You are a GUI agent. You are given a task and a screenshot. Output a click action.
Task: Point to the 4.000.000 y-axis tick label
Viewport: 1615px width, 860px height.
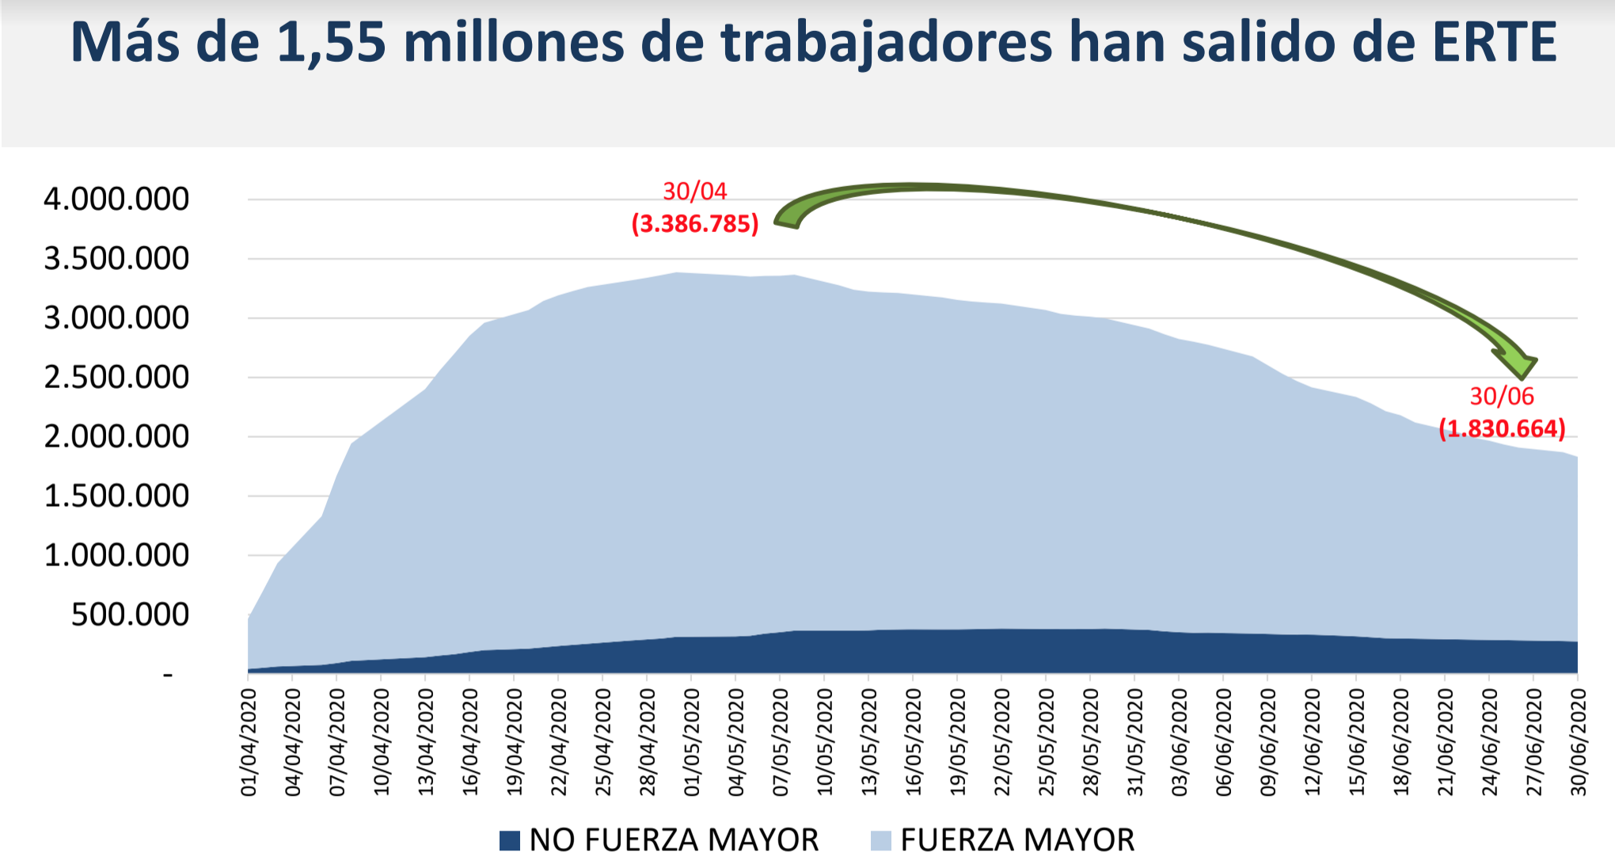116,199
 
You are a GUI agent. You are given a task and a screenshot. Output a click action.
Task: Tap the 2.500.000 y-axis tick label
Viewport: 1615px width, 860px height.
116,377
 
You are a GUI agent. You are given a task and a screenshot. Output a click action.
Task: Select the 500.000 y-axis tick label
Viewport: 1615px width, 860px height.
130,615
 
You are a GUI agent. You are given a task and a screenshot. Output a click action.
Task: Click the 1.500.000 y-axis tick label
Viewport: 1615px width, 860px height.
116,496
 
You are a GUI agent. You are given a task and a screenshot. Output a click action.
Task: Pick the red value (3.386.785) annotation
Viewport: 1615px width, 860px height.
695,224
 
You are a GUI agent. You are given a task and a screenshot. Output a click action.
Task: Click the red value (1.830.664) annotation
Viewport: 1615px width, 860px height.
1502,428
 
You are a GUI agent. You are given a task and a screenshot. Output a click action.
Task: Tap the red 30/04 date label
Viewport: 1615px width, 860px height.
694,191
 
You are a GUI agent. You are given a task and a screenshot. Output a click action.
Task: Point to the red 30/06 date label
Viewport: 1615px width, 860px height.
1502,396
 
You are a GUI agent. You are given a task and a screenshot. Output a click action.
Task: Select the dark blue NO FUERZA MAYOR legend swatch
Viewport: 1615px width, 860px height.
510,840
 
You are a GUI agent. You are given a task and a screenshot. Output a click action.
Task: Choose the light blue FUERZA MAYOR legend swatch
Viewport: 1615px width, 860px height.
880,840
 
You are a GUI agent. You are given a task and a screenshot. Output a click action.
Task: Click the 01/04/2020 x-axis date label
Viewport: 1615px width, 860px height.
249,742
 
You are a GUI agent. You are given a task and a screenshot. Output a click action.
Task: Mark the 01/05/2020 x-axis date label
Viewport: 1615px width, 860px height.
692,742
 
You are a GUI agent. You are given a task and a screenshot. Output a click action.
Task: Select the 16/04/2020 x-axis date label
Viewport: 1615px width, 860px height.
470,742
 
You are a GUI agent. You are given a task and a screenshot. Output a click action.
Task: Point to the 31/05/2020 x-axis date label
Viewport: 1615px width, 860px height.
1135,742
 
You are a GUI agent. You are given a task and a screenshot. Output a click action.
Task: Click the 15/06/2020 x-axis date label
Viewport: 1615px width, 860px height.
1357,742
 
